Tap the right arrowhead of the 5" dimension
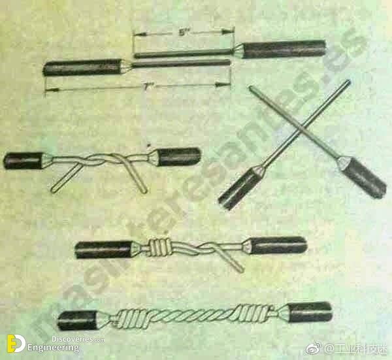[x=231, y=31]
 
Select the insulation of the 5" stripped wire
[x=285, y=48]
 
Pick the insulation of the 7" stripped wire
[x=82, y=67]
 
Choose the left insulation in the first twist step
[x=24, y=160]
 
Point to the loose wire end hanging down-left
[x=62, y=182]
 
